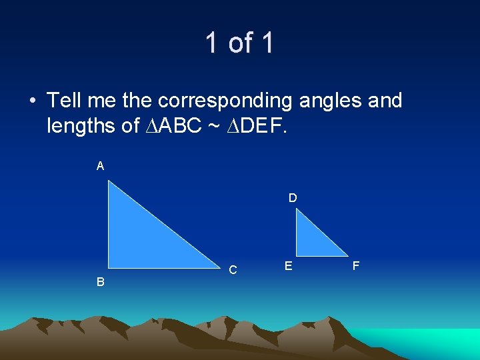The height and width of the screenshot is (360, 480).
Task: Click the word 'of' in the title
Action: coord(239,43)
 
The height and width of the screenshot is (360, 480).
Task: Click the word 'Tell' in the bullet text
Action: coord(65,101)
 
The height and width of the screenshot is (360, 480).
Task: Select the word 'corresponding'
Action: coord(225,101)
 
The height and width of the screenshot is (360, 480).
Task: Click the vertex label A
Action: coord(100,166)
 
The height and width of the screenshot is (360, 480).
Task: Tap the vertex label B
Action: coord(100,282)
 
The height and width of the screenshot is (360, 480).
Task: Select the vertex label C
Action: coord(233,270)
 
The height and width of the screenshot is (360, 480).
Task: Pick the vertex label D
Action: coord(293,198)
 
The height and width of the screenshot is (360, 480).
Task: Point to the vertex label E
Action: coord(288,266)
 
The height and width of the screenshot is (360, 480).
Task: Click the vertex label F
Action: coord(356,266)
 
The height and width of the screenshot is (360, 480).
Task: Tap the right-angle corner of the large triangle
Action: coord(110,266)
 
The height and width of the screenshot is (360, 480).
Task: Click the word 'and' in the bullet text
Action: coord(385,101)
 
